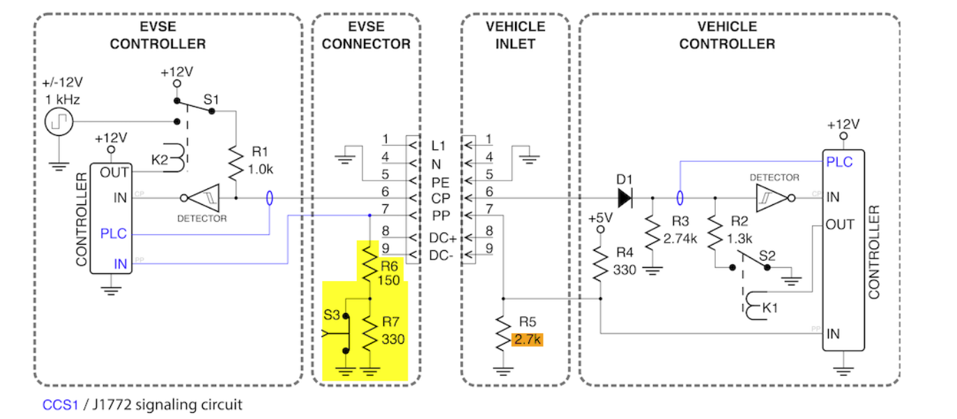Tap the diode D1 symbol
[x=624, y=198]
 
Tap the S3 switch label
[x=332, y=315]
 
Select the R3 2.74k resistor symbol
[x=652, y=236]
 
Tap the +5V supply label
[x=599, y=218]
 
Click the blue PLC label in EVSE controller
[x=114, y=234]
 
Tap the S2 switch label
[x=767, y=256]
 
